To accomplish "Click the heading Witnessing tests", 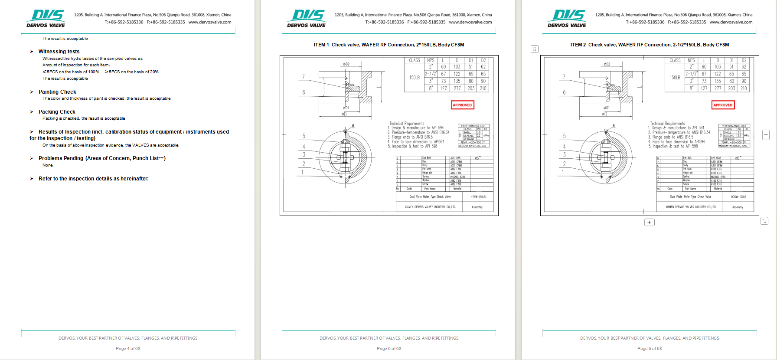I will tap(59, 52).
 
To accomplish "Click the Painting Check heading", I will tap(57, 92).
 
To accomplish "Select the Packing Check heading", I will tap(57, 112).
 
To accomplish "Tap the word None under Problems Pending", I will tap(48, 165).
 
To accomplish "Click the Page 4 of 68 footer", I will tap(128, 349).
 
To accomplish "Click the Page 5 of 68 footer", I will tap(389, 349).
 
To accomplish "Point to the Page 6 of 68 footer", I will tap(650, 349).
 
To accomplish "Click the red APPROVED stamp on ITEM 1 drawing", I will tap(462, 105).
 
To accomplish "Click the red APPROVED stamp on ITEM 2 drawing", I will tap(723, 105).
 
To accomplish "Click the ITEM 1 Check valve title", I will tap(389, 45).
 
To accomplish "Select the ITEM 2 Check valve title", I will tap(650, 45).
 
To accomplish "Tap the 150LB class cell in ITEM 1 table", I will tap(414, 78).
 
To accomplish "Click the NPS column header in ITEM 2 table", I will tap(691, 60).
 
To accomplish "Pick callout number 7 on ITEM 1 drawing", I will tap(304, 77).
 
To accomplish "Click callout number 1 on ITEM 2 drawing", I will tap(563, 172).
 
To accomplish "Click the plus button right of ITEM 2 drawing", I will tap(766, 135).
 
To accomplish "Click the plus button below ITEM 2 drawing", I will tap(649, 223).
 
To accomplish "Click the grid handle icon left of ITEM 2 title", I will tap(535, 49).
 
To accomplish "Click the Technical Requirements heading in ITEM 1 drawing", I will tap(407, 124).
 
